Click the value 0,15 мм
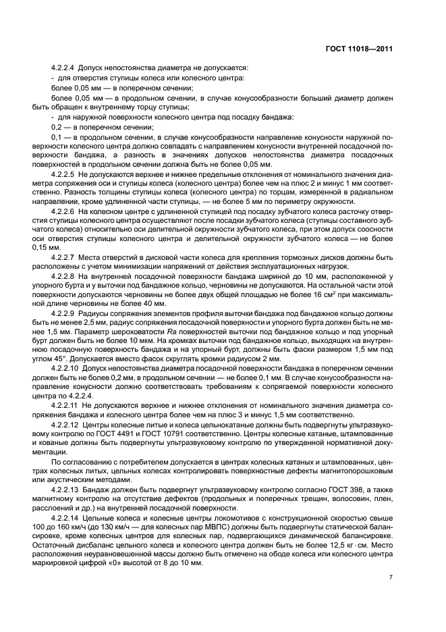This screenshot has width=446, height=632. pos(63,248)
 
